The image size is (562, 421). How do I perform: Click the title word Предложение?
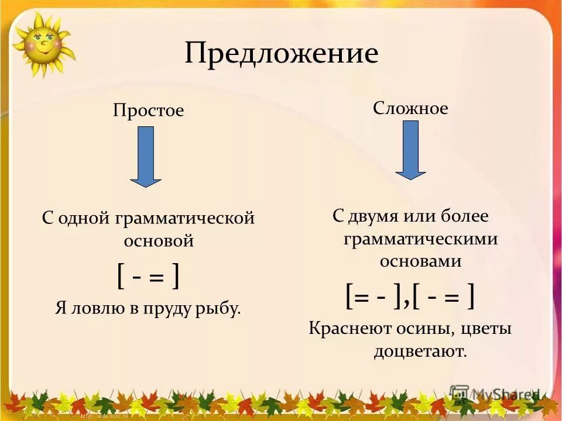[x=281, y=54]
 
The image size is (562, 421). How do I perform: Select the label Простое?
[x=148, y=111]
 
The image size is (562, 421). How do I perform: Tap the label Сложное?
[x=410, y=108]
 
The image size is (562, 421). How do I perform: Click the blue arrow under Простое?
[x=145, y=157]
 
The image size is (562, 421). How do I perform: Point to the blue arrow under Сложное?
[x=410, y=150]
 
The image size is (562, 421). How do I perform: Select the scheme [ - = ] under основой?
[x=148, y=275]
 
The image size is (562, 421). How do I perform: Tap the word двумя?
[x=373, y=216]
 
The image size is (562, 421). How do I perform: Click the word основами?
[x=420, y=261]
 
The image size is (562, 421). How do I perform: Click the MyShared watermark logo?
[x=495, y=394]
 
